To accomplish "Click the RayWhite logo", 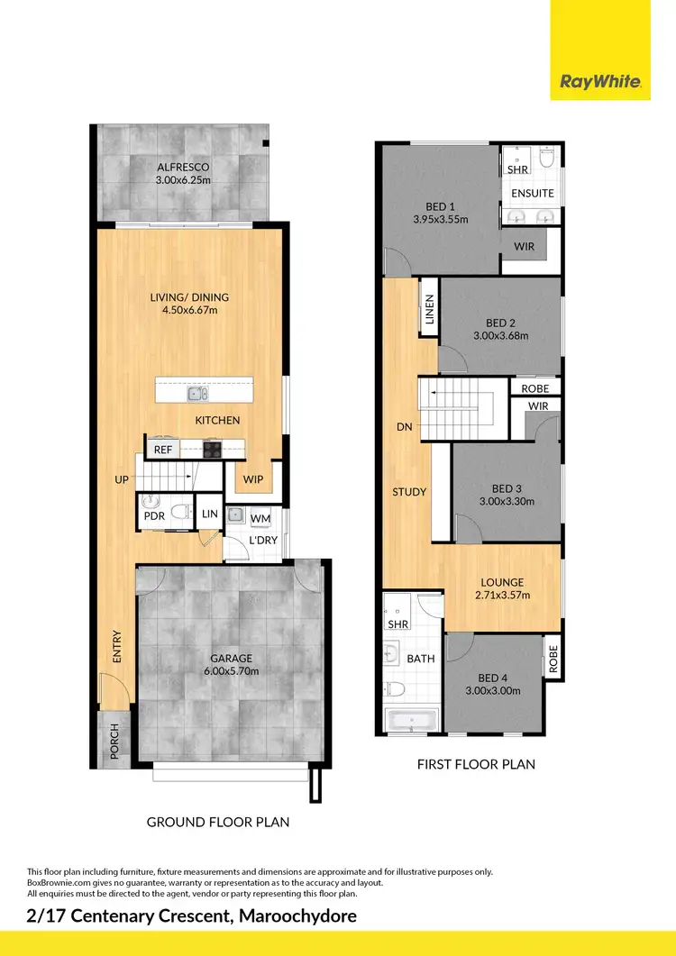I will pos(600,82).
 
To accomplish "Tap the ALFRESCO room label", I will pos(183,167).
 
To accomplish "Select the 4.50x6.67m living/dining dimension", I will pos(190,311).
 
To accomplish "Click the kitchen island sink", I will pos(198,393).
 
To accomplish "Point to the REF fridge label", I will pos(163,450).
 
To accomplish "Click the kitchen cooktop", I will pos(213,450).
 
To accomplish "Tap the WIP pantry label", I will pos(253,479).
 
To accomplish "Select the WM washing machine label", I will pos(260,518).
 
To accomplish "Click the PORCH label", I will pos(114,740).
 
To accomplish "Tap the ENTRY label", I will pos(116,647).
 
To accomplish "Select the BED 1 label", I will pos(441,206).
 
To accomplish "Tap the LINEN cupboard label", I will pos(429,313).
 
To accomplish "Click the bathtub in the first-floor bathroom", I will pos(411,720).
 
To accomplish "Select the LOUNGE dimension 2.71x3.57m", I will pos(503,596).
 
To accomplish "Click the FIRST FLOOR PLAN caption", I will pos(476,764).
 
